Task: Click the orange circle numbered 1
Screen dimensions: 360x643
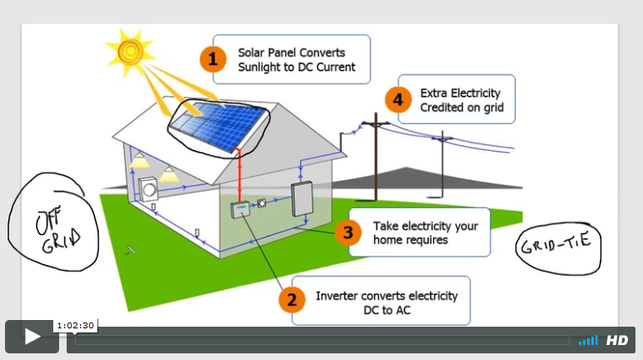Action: coord(213,59)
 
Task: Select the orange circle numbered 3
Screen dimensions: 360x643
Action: coord(347,232)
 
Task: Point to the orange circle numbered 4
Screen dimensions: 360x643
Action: coord(399,100)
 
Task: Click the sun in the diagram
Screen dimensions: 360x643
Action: coord(131,49)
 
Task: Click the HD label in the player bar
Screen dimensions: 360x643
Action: coord(616,340)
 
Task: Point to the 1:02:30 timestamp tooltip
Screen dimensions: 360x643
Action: coord(75,325)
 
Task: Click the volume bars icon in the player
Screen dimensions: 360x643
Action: coord(588,340)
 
